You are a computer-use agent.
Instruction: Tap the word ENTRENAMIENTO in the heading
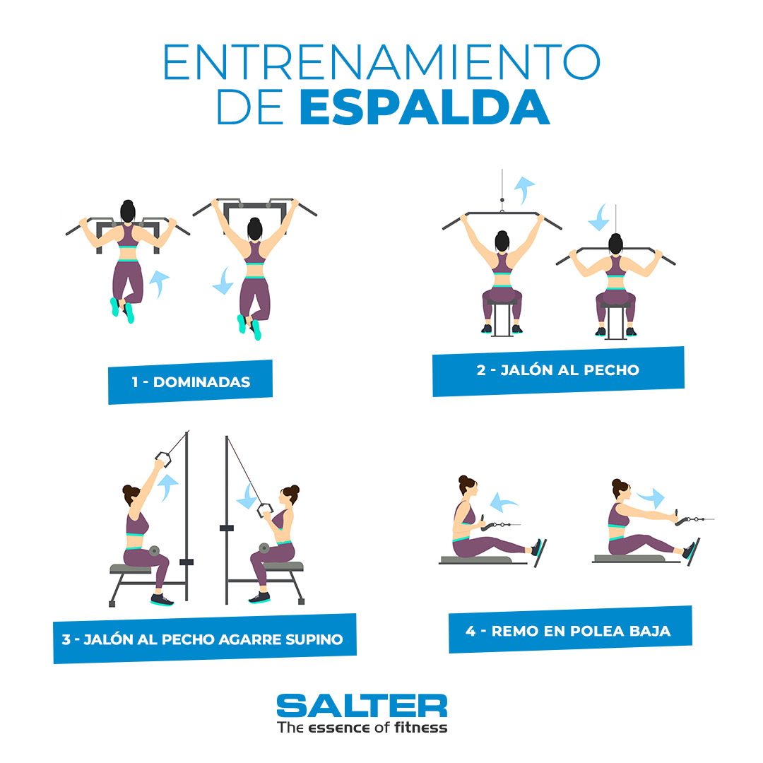pyautogui.click(x=381, y=62)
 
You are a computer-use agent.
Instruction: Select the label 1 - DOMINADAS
pyautogui.click(x=190, y=382)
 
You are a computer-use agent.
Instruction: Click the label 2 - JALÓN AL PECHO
pyautogui.click(x=558, y=370)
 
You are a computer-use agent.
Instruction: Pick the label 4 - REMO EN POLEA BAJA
pyautogui.click(x=569, y=630)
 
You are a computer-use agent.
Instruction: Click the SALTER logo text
pyautogui.click(x=362, y=706)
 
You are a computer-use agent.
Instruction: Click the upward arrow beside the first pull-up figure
pyautogui.click(x=160, y=283)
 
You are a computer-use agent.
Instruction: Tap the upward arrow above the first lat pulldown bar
pyautogui.click(x=524, y=189)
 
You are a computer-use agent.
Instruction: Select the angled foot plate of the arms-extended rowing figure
pyautogui.click(x=694, y=551)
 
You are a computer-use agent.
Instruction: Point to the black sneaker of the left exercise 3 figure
pyautogui.click(x=162, y=599)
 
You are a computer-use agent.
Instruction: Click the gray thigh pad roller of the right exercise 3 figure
pyautogui.click(x=265, y=549)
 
